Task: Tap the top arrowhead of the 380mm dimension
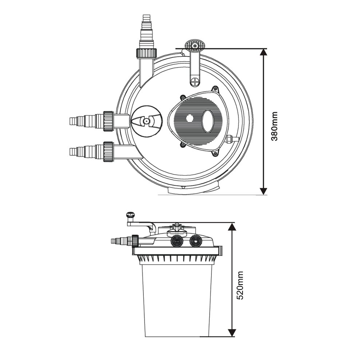coord(264,52)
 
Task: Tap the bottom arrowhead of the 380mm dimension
coord(264,191)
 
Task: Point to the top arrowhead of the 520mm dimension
coord(232,226)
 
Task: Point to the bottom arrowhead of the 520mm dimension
coord(232,332)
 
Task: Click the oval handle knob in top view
coord(195,45)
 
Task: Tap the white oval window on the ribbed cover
coord(207,121)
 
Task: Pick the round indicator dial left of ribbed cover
coord(146,121)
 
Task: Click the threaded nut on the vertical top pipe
coord(146,53)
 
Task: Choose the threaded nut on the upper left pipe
coord(108,121)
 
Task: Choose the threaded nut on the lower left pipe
coord(108,151)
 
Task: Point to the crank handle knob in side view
coord(130,215)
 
